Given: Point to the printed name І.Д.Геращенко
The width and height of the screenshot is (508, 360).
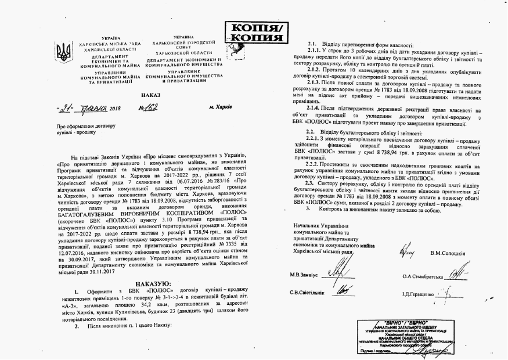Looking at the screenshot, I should point(423,294).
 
